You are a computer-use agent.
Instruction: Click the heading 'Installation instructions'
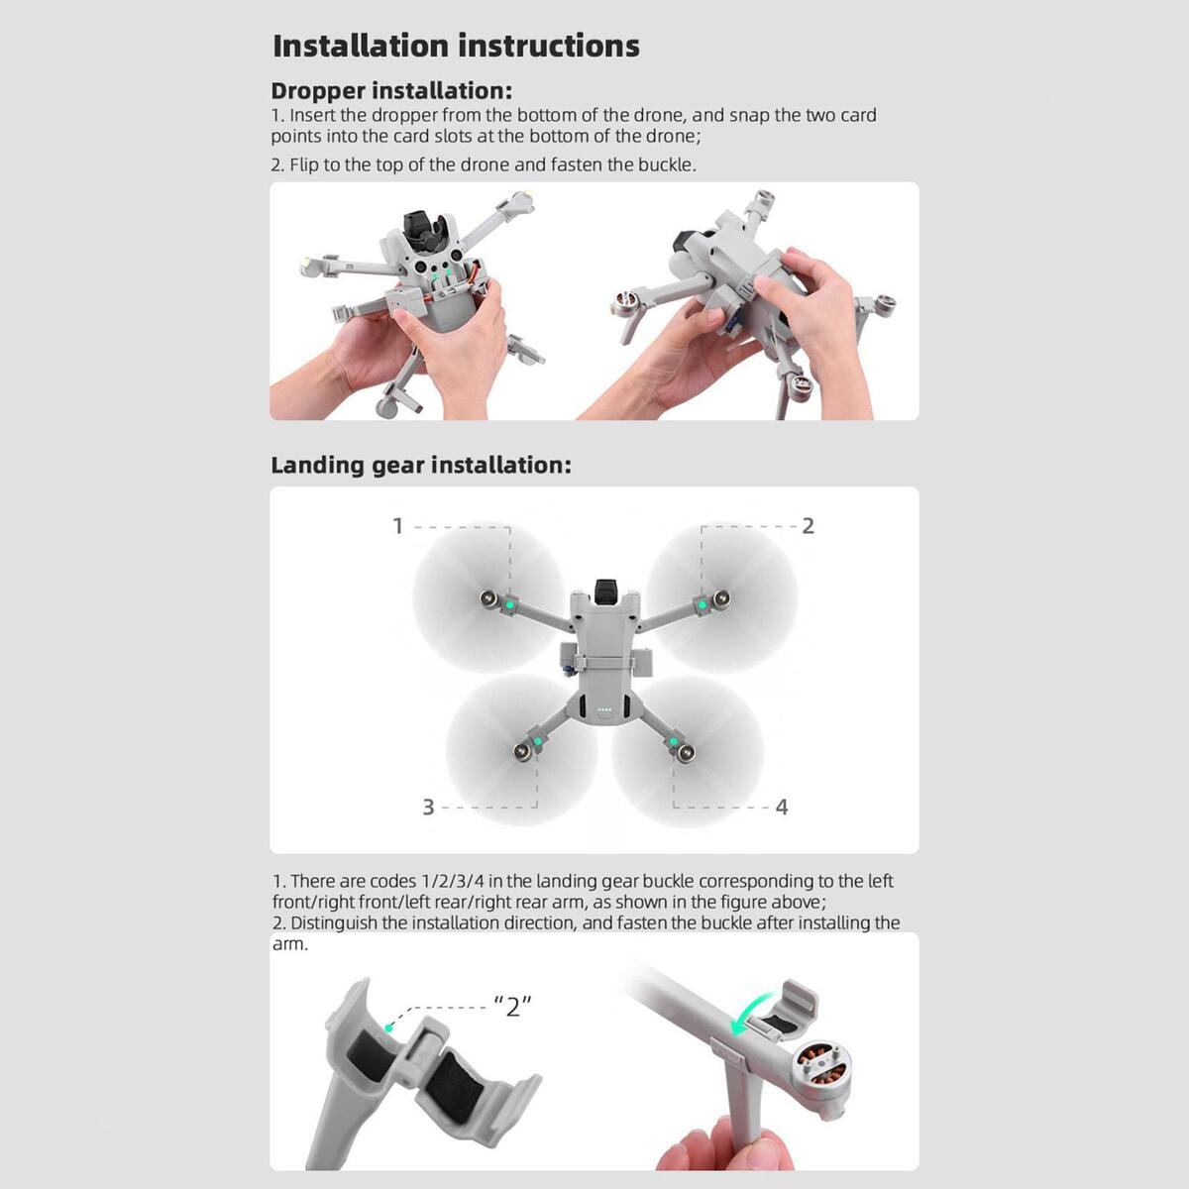coord(456,46)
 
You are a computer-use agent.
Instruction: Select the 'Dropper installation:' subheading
coord(391,91)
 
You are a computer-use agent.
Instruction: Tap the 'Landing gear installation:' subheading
coord(421,466)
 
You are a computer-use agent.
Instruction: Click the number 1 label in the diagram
coord(398,526)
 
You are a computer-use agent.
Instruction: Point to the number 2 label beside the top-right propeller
coord(808,526)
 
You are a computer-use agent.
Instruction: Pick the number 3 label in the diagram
coord(428,808)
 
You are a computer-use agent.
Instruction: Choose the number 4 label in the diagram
coord(782,808)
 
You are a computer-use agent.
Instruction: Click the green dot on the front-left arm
coord(509,606)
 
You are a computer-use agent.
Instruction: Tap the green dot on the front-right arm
coord(703,606)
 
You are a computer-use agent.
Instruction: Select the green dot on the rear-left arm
coord(538,741)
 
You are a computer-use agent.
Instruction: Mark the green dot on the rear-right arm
coord(673,741)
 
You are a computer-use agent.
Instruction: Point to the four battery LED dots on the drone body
coord(604,710)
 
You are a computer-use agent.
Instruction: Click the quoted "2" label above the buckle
coord(513,1006)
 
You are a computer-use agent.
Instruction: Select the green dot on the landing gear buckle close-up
coord(388,1027)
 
